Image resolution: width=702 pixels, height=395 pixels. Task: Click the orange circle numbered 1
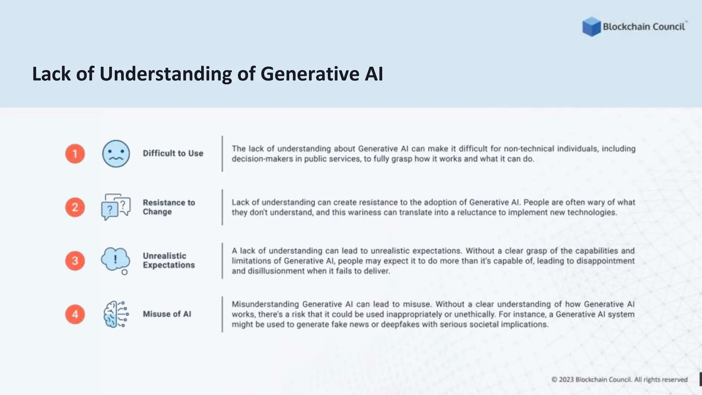75,154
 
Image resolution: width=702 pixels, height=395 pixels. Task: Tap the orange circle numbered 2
75,207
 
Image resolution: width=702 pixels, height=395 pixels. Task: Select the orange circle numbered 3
75,261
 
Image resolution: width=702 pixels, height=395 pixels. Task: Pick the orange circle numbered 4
75,314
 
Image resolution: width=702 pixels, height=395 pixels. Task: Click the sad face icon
116,154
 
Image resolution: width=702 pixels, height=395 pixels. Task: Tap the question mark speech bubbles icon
116,207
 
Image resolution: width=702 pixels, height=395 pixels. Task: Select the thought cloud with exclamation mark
116,260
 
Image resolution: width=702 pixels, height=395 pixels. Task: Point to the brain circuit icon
116,314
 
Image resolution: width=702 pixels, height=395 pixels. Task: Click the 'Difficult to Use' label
173,153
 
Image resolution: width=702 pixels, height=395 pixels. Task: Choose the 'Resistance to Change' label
169,207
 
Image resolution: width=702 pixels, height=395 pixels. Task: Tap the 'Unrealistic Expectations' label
169,261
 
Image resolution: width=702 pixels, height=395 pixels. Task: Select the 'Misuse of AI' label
167,314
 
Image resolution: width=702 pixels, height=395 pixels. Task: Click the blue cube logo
591,27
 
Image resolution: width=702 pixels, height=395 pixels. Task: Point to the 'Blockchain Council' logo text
644,27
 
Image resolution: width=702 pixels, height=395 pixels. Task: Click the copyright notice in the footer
619,380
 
